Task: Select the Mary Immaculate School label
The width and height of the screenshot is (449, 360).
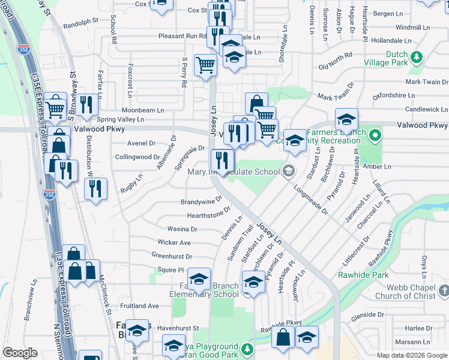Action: (234, 172)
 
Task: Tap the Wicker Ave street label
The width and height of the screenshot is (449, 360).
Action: (174, 242)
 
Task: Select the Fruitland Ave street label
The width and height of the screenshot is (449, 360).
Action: (139, 305)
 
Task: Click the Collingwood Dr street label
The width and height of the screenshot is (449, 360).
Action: (137, 157)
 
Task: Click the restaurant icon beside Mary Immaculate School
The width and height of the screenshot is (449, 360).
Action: (222, 160)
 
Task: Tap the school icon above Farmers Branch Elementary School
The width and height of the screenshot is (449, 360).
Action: (199, 279)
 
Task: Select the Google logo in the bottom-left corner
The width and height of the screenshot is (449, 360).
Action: (20, 353)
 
